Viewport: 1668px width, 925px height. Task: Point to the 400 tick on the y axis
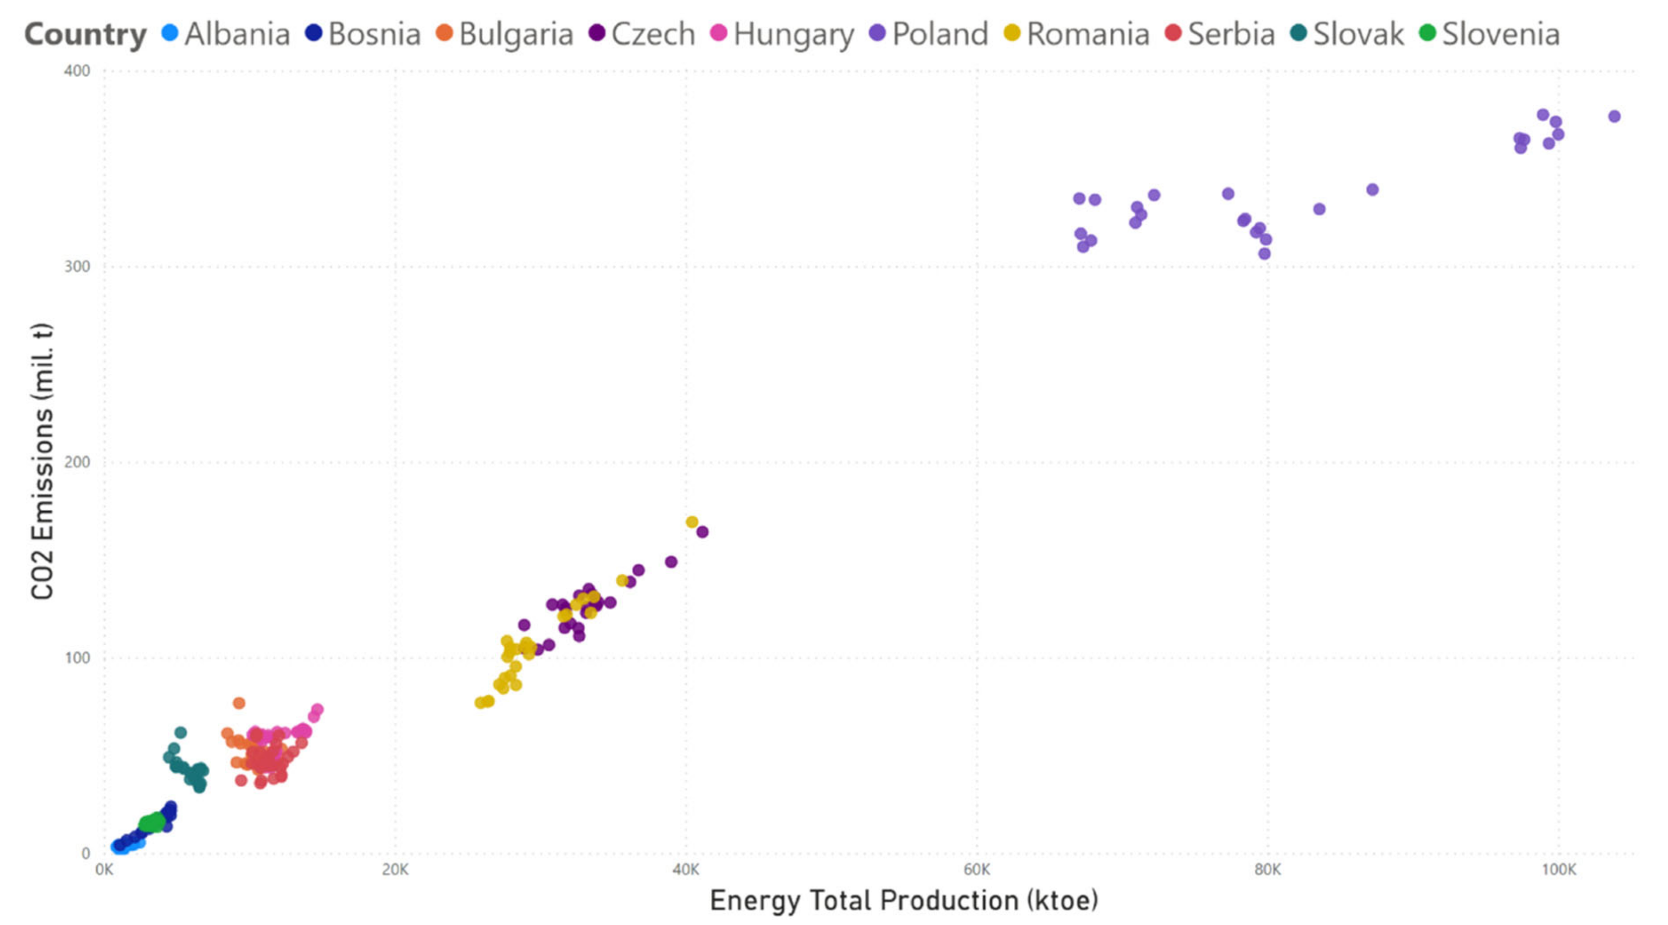click(77, 71)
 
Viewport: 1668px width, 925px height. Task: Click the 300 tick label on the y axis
click(77, 267)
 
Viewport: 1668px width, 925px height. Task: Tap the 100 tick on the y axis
click(77, 658)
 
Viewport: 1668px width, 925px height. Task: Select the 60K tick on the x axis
click(977, 869)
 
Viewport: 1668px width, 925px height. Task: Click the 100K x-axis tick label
click(1558, 869)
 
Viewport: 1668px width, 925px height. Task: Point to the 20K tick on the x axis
click(395, 869)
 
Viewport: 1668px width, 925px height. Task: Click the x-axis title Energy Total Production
click(903, 900)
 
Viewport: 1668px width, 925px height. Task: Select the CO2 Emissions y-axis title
click(43, 462)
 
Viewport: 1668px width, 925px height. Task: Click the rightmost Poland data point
click(1614, 117)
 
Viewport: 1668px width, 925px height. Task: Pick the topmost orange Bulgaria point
click(239, 703)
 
